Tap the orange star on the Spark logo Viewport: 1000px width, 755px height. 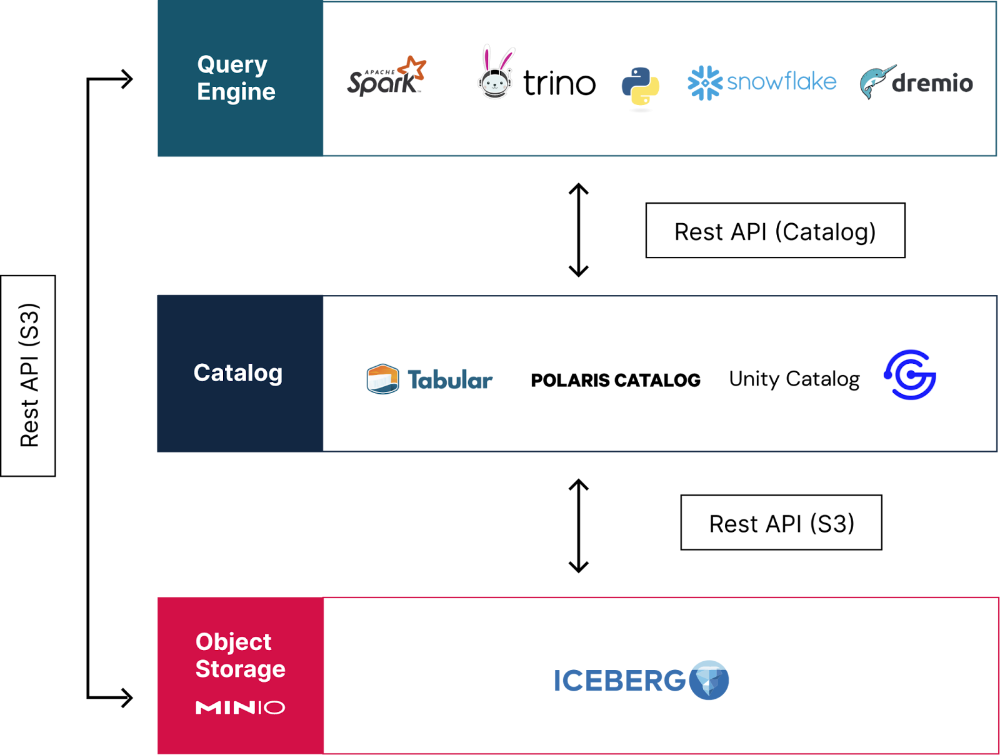pyautogui.click(x=414, y=67)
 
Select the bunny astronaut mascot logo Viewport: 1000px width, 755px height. pyautogui.click(x=496, y=74)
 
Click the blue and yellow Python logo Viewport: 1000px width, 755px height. pyautogui.click(x=640, y=88)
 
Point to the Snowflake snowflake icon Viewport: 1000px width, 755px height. pyautogui.click(x=704, y=82)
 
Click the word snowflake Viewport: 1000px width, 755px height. pyautogui.click(x=781, y=82)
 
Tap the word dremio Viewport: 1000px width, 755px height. pyautogui.click(x=932, y=83)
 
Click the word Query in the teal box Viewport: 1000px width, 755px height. pyautogui.click(x=232, y=64)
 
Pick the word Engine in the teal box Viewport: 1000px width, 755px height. pyautogui.click(x=236, y=92)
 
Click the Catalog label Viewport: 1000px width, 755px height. pyautogui.click(x=237, y=373)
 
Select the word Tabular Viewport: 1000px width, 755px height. pyautogui.click(x=450, y=380)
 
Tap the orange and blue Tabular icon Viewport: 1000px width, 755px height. pyautogui.click(x=382, y=379)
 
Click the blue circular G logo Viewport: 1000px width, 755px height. pyautogui.click(x=909, y=374)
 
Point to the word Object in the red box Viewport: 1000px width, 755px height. pyautogui.click(x=233, y=642)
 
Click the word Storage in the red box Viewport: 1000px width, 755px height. pyautogui.click(x=240, y=669)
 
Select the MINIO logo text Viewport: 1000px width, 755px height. pyautogui.click(x=240, y=707)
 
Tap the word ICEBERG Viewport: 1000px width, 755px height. pyautogui.click(x=619, y=681)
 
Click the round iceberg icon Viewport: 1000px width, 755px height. pyautogui.click(x=709, y=680)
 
